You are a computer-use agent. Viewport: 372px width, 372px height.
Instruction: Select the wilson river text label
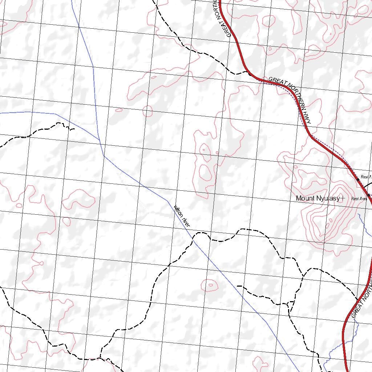pyautogui.click(x=182, y=217)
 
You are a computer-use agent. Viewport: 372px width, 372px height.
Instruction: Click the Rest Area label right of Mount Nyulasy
pyautogui.click(x=359, y=198)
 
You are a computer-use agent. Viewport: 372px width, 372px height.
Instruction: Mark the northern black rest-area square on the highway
pyautogui.click(x=358, y=179)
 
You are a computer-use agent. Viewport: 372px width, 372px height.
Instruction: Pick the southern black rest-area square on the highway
pyautogui.click(x=368, y=195)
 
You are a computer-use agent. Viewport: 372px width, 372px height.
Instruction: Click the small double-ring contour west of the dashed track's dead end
pyautogui.click(x=210, y=285)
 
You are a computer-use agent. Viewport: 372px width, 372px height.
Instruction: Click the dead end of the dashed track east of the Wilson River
pyautogui.click(x=238, y=286)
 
